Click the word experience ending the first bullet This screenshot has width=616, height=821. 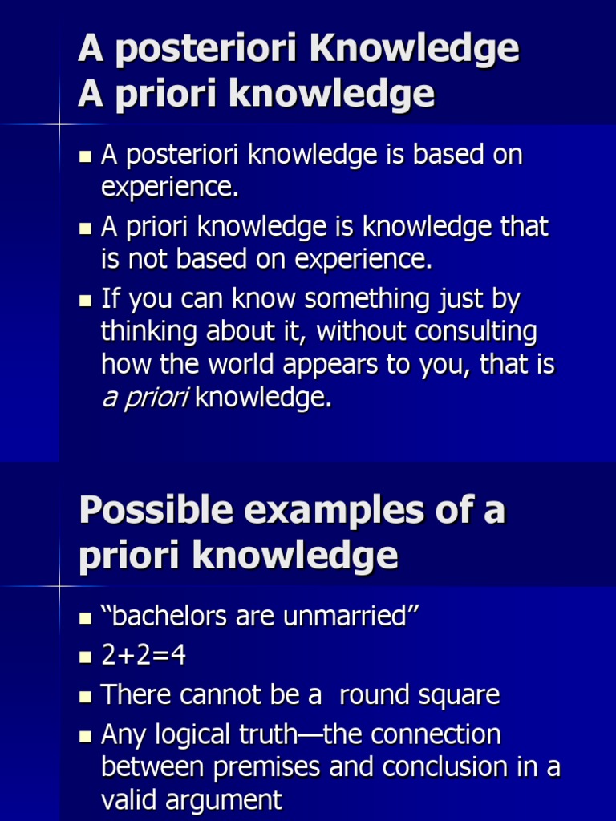(x=168, y=188)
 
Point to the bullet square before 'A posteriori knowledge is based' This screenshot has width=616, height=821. (x=85, y=156)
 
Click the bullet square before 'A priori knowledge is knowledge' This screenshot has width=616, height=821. (x=85, y=229)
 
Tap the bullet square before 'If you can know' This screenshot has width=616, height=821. (x=85, y=301)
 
